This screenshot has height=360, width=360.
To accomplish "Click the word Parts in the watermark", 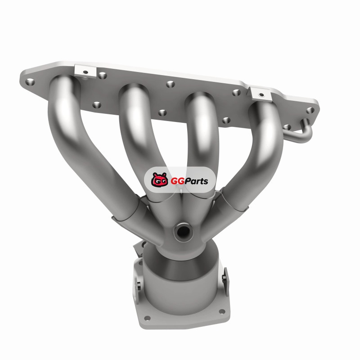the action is click(x=196, y=181).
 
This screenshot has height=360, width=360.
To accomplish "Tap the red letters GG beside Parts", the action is click(x=177, y=181).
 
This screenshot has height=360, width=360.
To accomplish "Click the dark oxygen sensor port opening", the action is click(x=183, y=231).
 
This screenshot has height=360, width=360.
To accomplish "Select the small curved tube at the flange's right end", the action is click(x=301, y=133).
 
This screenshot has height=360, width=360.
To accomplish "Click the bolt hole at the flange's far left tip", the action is click(x=30, y=82).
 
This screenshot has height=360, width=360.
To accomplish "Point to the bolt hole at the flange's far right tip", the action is click(x=310, y=110).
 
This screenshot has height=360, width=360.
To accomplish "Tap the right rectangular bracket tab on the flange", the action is click(x=261, y=94).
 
